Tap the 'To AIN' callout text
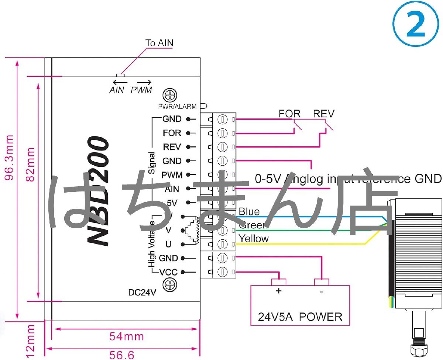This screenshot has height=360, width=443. point(159,43)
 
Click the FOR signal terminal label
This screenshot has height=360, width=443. point(172,133)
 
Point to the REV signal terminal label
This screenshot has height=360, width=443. point(172,147)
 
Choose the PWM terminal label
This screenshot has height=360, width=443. point(172,175)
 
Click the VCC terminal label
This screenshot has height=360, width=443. point(169,273)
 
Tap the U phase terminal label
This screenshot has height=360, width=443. point(168,244)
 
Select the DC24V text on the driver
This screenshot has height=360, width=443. point(142,293)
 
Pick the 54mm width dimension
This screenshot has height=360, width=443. point(126,336)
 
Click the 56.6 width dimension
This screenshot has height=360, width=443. point(122,355)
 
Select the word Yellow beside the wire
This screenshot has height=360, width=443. point(254,239)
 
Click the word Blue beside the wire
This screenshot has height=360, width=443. point(249,212)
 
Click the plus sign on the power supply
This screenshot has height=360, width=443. point(279,291)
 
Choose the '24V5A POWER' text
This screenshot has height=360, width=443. point(300,317)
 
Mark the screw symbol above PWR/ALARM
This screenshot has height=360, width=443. point(170,95)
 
